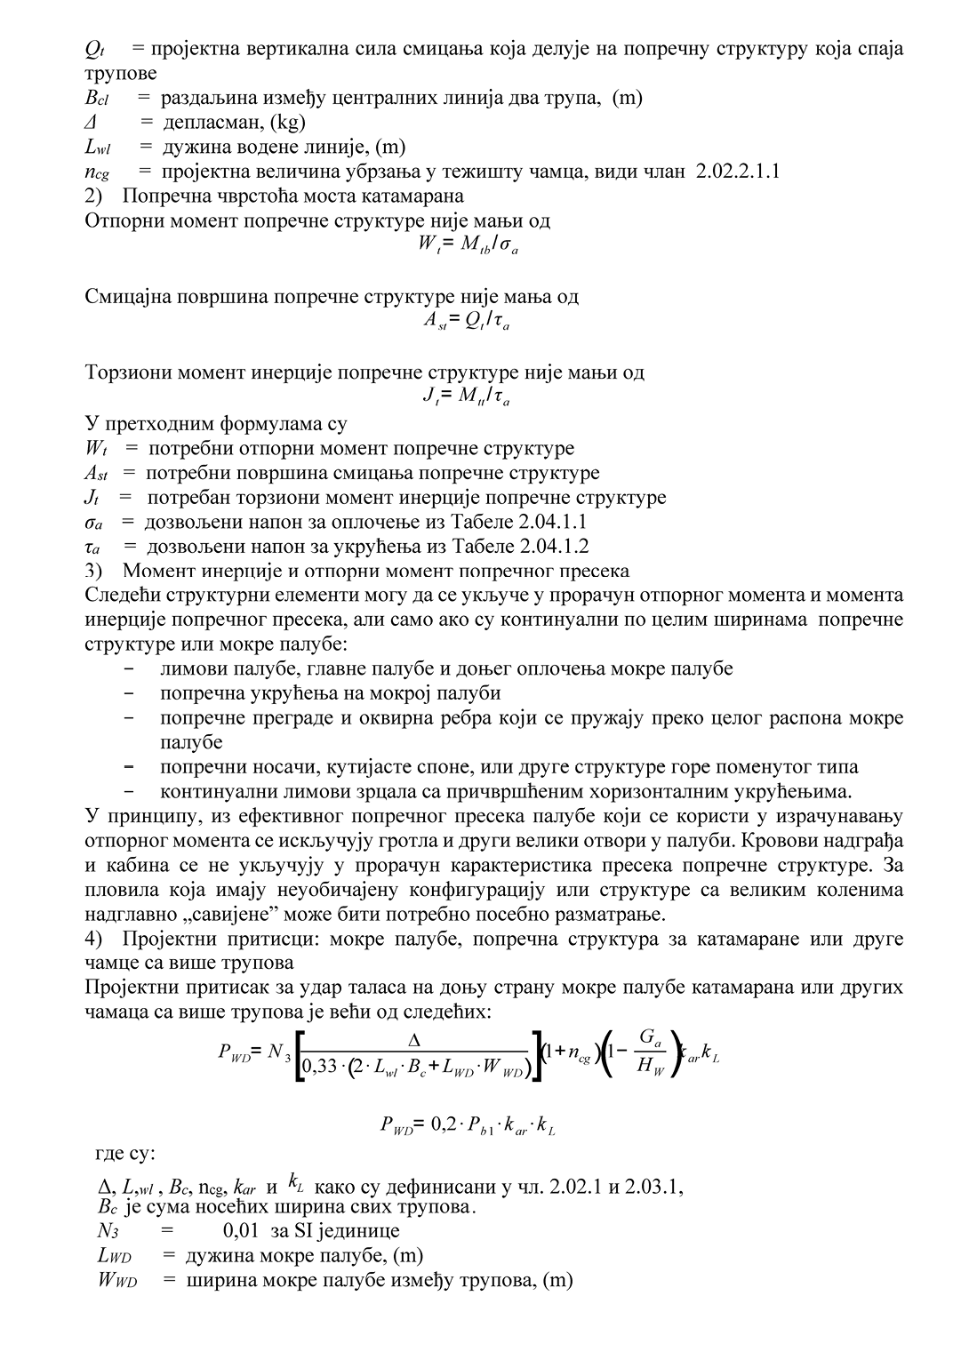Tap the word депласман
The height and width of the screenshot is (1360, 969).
(x=204, y=123)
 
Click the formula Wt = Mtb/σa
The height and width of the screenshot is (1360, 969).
(x=468, y=244)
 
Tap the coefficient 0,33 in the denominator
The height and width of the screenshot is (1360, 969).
(x=321, y=1066)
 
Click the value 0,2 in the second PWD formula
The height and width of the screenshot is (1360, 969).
(x=443, y=1125)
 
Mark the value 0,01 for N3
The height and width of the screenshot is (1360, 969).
(x=241, y=1231)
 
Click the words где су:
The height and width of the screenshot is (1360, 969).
(x=125, y=1154)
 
